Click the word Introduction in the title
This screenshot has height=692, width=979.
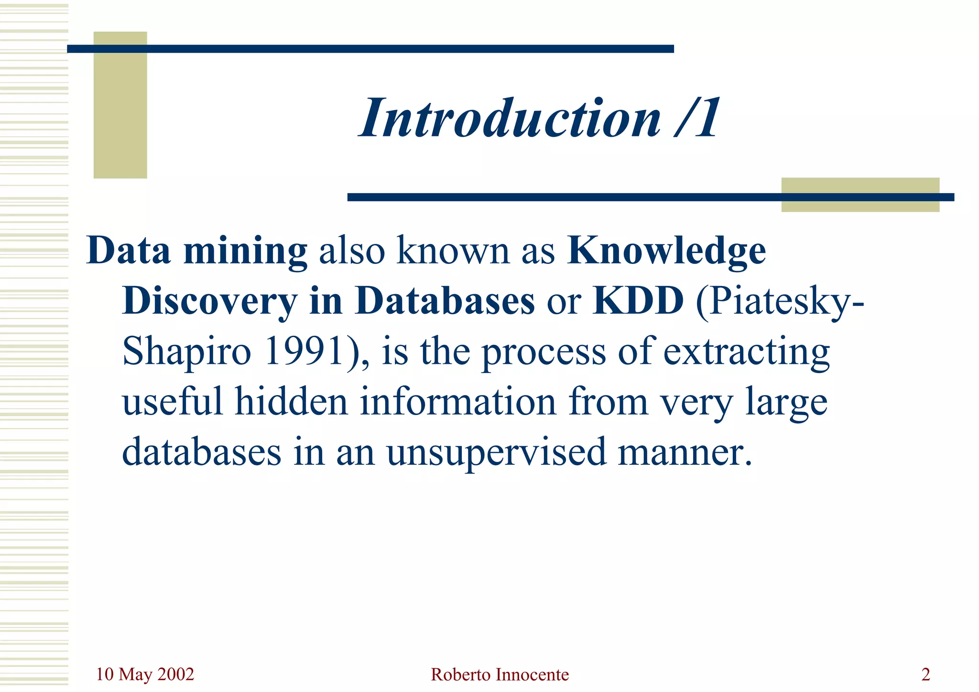(511, 118)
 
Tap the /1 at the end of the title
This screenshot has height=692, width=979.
(697, 118)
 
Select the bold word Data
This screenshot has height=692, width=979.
(129, 251)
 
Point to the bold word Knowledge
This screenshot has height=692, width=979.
(666, 252)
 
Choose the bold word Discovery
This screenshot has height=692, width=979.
(210, 302)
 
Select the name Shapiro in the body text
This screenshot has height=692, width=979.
(187, 352)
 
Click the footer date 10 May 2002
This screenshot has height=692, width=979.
(145, 674)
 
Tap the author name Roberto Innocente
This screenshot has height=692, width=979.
(500, 675)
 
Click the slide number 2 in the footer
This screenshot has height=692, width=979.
(925, 675)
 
